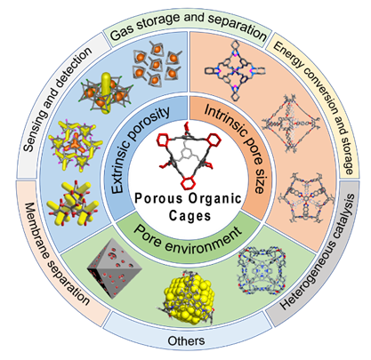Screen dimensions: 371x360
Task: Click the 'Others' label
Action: (186, 340)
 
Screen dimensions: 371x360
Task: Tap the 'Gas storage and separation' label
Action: (188, 25)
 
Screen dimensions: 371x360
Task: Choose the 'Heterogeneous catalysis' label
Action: (318, 252)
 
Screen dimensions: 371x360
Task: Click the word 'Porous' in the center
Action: (158, 198)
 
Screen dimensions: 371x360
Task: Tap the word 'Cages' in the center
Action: (190, 216)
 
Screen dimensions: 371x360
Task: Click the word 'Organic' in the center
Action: (215, 199)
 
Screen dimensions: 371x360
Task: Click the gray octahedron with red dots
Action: (115, 268)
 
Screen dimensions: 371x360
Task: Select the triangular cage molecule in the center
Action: (189, 156)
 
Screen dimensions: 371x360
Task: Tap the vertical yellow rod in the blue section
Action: (105, 92)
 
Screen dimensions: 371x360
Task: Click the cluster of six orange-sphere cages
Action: (157, 65)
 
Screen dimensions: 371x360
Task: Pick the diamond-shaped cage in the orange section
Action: (290, 124)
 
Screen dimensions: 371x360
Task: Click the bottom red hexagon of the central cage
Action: (189, 183)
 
